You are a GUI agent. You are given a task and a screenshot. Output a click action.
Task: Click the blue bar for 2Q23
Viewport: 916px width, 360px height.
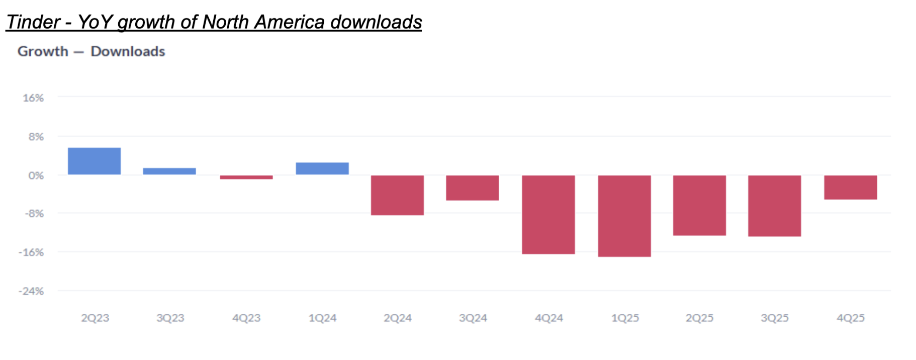pyautogui.click(x=94, y=161)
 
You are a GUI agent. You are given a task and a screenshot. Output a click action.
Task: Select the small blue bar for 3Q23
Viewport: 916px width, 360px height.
pyautogui.click(x=169, y=171)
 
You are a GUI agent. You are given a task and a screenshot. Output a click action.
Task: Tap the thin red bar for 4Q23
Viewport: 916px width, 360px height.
pyautogui.click(x=246, y=177)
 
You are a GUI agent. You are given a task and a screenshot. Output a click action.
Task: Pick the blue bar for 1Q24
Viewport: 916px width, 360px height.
pyautogui.click(x=322, y=168)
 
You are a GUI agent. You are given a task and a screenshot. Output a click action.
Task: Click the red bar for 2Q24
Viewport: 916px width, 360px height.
pyautogui.click(x=397, y=195)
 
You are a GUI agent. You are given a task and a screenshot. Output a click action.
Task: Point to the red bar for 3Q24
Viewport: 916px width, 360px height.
pyautogui.click(x=473, y=188)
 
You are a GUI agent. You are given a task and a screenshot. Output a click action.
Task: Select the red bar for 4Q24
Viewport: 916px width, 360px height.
pyautogui.click(x=548, y=215)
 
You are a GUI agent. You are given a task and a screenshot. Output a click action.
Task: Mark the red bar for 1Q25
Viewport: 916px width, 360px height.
pyautogui.click(x=624, y=216)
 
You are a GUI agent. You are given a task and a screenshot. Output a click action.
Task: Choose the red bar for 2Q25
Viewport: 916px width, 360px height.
pyautogui.click(x=699, y=205)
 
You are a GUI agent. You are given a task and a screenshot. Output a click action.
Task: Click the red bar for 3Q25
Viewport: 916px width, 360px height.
pyautogui.click(x=774, y=206)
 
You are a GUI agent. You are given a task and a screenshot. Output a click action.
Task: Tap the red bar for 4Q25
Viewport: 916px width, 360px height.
pyautogui.click(x=851, y=187)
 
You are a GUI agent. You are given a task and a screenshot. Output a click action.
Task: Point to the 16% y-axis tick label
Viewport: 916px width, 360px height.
pyautogui.click(x=33, y=98)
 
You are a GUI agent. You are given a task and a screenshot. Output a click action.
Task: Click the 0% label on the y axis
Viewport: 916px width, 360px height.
pyautogui.click(x=36, y=175)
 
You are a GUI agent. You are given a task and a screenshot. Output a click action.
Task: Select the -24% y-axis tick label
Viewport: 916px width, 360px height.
pyautogui.click(x=31, y=291)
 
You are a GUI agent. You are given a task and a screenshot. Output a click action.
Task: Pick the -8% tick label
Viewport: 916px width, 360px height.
pyautogui.click(x=34, y=214)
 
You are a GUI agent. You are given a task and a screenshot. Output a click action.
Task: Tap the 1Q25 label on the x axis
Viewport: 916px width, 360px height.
pyautogui.click(x=625, y=318)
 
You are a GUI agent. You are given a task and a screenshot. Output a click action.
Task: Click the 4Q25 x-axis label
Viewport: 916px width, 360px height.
pyautogui.click(x=851, y=318)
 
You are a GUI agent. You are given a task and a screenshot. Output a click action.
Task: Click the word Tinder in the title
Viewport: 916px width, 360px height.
pyautogui.click(x=33, y=22)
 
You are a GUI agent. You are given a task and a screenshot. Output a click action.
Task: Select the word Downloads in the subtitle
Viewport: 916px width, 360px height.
pyautogui.click(x=128, y=51)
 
